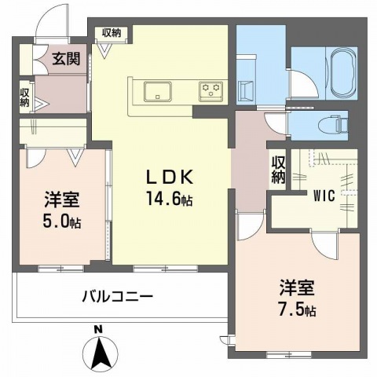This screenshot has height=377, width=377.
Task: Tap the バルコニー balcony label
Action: point(117,297)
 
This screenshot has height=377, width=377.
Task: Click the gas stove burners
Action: point(210,90)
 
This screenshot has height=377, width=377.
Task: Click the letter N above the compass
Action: point(98,329)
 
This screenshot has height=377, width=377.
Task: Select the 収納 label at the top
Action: point(111,32)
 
